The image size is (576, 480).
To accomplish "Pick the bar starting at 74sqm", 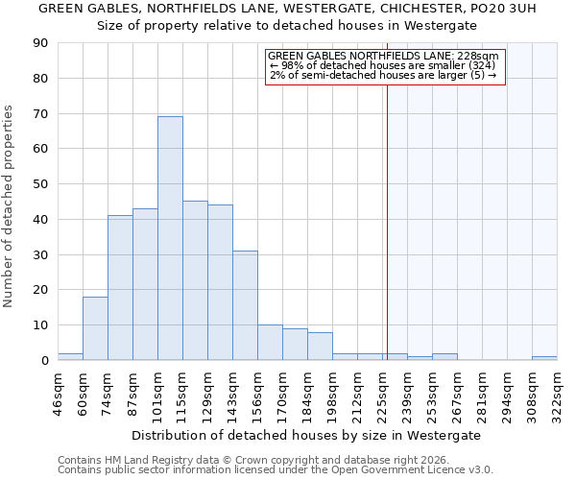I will pos(120,288).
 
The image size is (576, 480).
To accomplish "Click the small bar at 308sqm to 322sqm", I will pos(544,358).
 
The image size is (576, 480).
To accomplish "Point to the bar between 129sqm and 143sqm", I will pos(220,282).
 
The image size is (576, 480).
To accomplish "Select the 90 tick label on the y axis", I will pos(40,43).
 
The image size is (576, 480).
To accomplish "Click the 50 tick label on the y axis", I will pos(40,184).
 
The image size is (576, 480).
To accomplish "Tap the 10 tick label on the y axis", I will pos(40,325).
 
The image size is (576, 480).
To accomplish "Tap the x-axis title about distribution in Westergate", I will pos(307,435).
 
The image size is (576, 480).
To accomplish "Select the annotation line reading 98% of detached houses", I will pos(382,65).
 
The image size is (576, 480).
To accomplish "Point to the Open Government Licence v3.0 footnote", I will pos(276,470).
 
